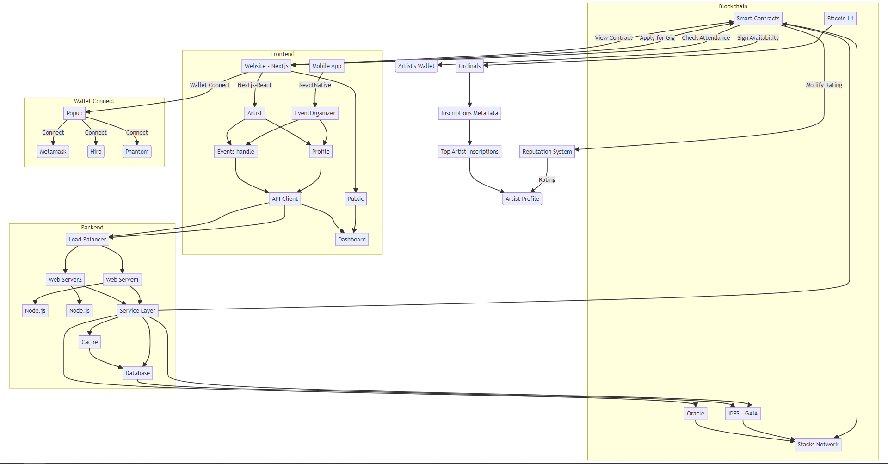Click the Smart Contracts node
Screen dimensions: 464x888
click(758, 19)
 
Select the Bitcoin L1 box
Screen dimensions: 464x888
click(840, 19)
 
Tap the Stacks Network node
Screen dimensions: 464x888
click(818, 444)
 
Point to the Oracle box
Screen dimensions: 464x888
click(695, 413)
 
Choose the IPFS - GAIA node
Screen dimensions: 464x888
click(743, 413)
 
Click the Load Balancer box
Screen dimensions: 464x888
click(87, 239)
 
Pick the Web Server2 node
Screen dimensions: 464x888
click(65, 279)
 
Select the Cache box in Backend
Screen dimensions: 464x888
click(89, 342)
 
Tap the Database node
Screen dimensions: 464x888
click(137, 373)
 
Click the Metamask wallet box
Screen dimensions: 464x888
click(53, 151)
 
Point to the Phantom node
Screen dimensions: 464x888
click(137, 151)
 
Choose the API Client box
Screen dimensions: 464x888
click(285, 198)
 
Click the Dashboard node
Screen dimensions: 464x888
click(351, 239)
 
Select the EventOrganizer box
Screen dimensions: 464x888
click(315, 113)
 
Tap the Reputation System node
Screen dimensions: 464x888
click(547, 151)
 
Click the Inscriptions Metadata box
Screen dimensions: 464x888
click(469, 113)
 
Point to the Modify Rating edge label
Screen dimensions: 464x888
click(824, 85)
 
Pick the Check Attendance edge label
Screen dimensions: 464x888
click(706, 37)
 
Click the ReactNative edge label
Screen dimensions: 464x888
click(315, 85)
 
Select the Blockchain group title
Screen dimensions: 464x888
click(733, 6)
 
